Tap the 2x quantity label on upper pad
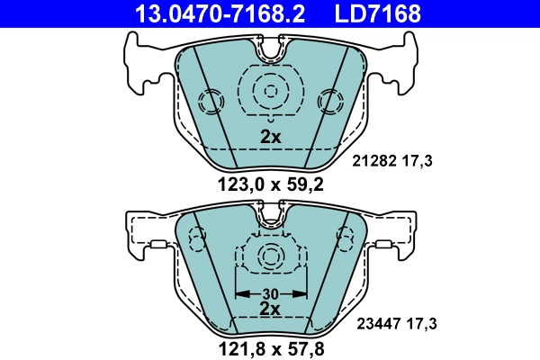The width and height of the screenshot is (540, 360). (271, 138)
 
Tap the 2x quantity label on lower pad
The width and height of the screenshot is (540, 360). (271, 308)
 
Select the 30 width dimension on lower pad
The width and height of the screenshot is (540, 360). (271, 292)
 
